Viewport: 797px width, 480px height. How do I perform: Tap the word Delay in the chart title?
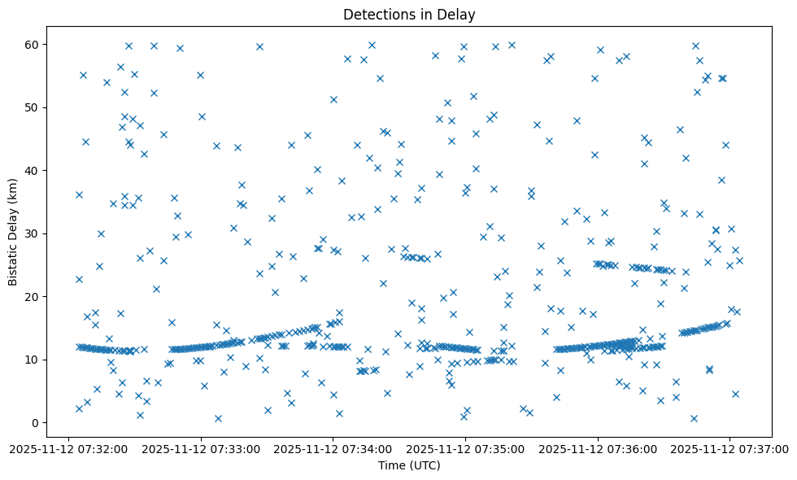coord(459,14)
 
